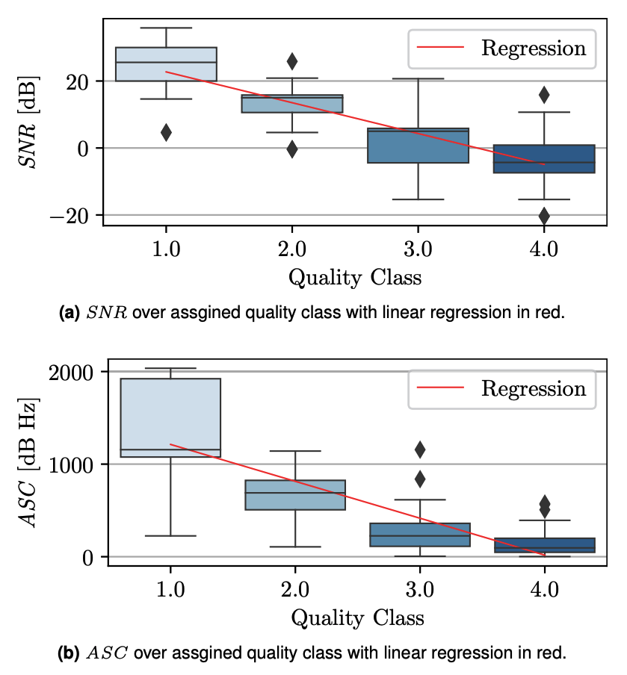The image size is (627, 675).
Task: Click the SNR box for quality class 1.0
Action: pos(166,64)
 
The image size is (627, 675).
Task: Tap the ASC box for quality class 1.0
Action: pos(170,417)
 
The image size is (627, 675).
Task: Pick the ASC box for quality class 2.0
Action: pos(295,495)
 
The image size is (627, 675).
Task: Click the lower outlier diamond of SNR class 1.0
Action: pos(166,132)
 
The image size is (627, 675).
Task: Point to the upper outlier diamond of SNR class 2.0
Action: pos(291,61)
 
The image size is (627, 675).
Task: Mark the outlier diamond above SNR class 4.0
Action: pos(544,95)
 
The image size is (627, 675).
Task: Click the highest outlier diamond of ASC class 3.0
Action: pos(420,450)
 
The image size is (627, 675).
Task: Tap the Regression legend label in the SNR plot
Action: pos(534,49)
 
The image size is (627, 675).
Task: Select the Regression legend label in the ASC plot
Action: pos(534,389)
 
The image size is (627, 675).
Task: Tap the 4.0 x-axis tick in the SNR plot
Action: pos(544,249)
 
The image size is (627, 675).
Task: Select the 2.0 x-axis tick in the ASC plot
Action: pos(295,589)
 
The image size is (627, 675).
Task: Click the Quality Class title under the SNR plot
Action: pos(355,279)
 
